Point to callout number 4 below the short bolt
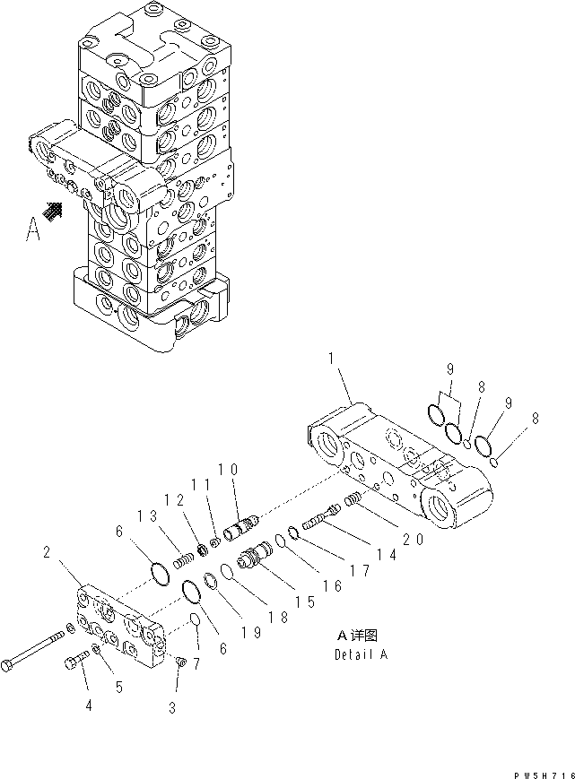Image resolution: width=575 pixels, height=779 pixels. coord(88,705)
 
